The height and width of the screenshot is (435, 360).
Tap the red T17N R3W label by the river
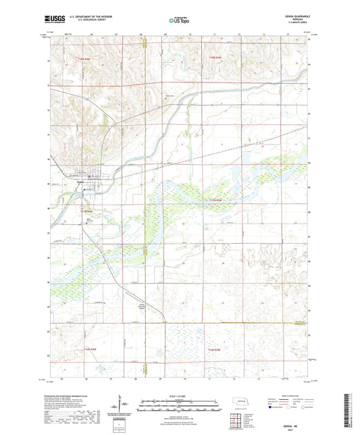pyautogui.click(x=215, y=200)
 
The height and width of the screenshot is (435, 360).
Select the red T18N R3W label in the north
pyautogui.click(x=215, y=59)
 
